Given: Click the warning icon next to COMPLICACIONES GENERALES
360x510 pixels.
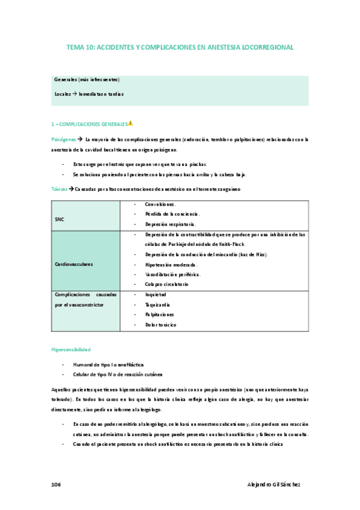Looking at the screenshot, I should tap(130, 123).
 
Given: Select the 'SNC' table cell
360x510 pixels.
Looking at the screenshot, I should tap(59, 219).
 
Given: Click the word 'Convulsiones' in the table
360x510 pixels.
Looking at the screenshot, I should tap(160, 204).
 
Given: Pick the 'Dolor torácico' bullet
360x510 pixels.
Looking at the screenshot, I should tap(160, 324).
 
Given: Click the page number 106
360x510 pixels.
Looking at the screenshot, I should tap(56, 484).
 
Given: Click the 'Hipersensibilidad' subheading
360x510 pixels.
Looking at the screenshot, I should tap(71, 349).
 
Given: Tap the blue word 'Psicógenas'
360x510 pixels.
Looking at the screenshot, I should tap(63, 139).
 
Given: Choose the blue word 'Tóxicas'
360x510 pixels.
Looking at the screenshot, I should tap(59, 189).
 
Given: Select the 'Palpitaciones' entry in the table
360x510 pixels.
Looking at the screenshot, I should tap(159, 314).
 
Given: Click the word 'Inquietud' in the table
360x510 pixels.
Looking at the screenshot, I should tap(156, 294).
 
